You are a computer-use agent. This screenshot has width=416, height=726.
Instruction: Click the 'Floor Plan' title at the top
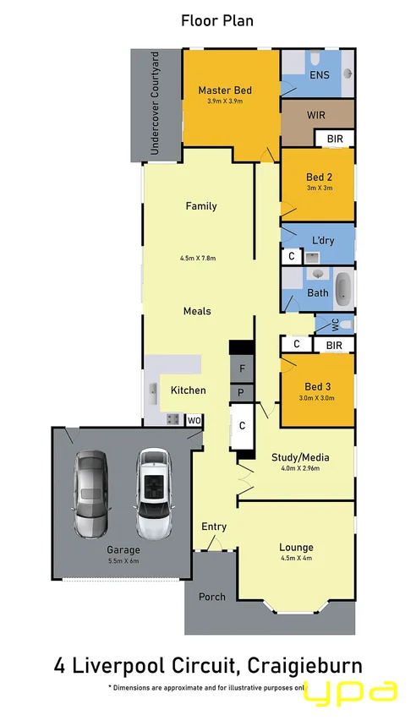click(216, 20)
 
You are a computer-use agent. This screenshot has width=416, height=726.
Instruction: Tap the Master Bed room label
click(225, 90)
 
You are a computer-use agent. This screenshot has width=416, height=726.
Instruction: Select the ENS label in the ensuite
click(320, 75)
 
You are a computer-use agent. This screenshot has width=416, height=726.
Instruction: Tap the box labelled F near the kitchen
click(243, 368)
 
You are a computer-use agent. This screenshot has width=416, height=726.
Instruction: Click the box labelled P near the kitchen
click(243, 393)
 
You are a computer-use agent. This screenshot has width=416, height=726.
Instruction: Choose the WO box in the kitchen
click(194, 420)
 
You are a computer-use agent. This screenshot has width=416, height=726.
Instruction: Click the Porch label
click(211, 597)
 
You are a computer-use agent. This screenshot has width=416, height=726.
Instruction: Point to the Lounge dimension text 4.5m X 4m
click(296, 558)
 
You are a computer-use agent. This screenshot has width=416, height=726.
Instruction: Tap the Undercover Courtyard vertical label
click(154, 105)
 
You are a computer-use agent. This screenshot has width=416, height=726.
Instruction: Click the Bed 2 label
click(319, 177)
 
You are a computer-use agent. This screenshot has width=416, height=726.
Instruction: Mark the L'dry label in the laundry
click(322, 241)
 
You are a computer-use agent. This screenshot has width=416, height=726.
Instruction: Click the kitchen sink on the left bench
click(154, 391)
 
